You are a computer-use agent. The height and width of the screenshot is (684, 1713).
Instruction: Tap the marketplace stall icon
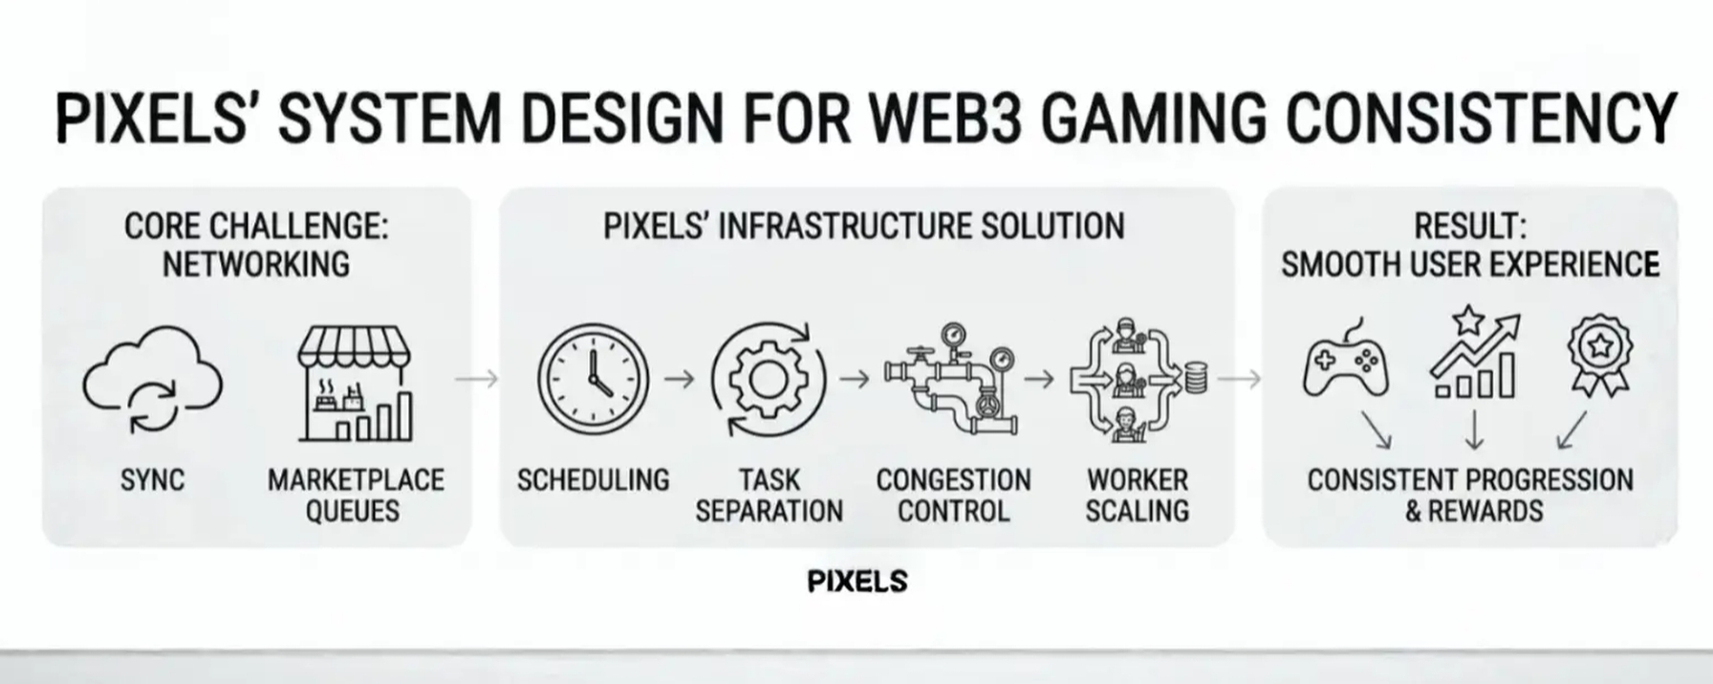pos(355,384)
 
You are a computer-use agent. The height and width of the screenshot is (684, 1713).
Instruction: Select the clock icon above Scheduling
pos(593,379)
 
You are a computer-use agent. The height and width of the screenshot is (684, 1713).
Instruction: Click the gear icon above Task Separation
pos(768,379)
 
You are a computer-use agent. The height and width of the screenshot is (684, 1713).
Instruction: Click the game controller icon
pos(1345,363)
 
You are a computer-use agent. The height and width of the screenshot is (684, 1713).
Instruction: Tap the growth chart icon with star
pos(1474,353)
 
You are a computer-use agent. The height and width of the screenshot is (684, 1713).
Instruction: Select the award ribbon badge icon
pos(1599,357)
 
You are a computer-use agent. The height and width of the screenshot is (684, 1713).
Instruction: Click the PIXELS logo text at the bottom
pos(857,581)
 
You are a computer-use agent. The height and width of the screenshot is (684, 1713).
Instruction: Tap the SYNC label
pos(153,480)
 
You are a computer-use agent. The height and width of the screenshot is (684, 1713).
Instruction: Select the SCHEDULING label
pos(593,480)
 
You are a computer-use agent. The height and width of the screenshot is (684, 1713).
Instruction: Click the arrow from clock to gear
pos(679,380)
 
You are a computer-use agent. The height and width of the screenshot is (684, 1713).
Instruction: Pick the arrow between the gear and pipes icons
pos(855,380)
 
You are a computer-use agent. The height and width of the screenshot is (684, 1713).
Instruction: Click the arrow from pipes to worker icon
pos(1039,380)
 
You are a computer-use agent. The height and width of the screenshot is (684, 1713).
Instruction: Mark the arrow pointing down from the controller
pos(1377,430)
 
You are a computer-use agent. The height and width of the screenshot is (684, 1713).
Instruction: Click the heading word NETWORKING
pos(256,264)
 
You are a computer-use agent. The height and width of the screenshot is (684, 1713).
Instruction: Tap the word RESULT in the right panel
pos(1469,227)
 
